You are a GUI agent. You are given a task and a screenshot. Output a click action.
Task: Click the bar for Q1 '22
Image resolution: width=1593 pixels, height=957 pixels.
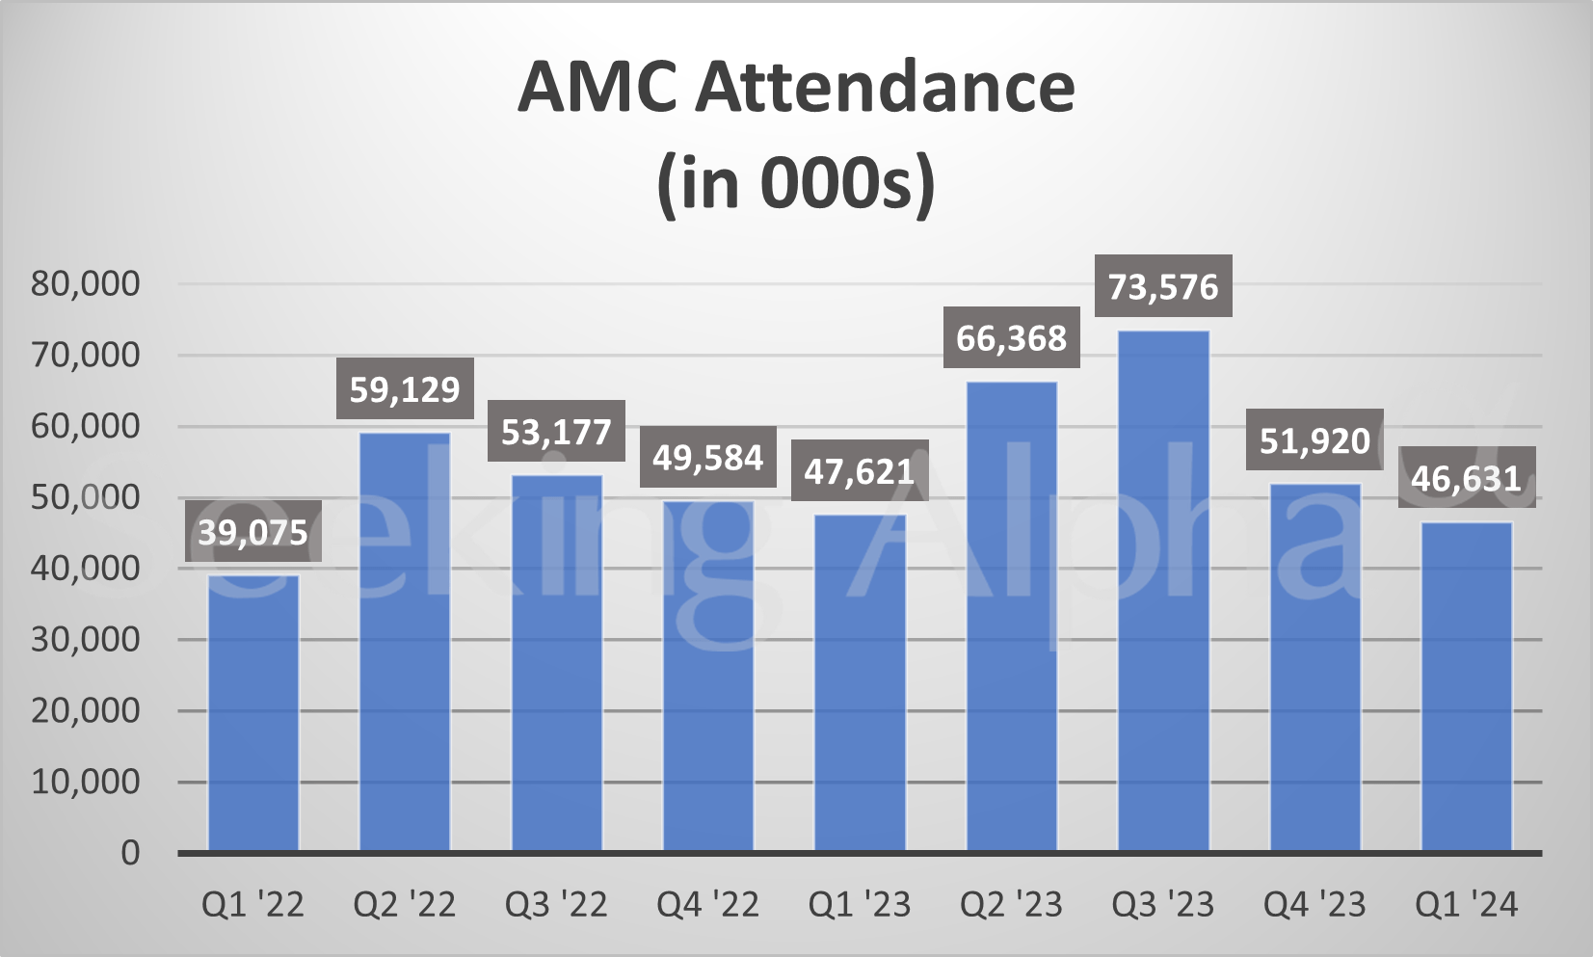(252, 713)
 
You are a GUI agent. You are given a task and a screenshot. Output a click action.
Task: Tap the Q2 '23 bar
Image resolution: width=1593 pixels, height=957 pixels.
(1012, 617)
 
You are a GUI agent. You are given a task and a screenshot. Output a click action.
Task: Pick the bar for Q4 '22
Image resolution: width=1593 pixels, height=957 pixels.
(708, 675)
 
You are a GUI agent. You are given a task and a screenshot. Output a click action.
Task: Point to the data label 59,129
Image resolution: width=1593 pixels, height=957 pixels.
(405, 389)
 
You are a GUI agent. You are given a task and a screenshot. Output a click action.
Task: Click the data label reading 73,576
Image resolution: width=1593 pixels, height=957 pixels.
(1163, 286)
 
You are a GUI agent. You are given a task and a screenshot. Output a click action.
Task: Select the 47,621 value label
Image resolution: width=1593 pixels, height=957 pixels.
(860, 471)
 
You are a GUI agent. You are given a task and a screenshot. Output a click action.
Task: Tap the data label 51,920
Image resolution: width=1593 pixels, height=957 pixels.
(1314, 440)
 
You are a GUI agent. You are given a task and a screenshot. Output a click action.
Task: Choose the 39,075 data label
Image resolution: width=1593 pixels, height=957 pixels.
(252, 532)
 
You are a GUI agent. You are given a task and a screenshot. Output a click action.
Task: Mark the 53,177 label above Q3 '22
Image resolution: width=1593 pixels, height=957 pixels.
(556, 432)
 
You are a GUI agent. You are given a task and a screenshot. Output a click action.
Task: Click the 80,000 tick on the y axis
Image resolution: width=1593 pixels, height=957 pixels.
(86, 283)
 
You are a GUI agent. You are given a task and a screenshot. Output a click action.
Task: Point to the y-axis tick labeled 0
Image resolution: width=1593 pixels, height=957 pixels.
(130, 853)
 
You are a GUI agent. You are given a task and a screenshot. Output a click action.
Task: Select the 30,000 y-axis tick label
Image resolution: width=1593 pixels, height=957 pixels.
(86, 639)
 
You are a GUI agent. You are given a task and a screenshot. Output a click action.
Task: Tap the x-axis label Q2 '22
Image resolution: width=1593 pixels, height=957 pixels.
(405, 905)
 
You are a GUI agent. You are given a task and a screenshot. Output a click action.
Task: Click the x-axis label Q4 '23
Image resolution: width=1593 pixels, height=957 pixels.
(1314, 905)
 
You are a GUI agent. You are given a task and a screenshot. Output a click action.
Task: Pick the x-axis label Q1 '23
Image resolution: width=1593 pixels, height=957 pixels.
(860, 905)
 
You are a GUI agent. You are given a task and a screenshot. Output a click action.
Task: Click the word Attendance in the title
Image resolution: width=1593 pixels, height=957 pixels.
(885, 87)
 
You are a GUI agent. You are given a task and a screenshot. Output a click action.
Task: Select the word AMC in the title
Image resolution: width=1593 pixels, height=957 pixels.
(597, 87)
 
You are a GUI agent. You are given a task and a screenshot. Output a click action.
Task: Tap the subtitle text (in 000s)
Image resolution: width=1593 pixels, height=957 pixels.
(796, 183)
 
